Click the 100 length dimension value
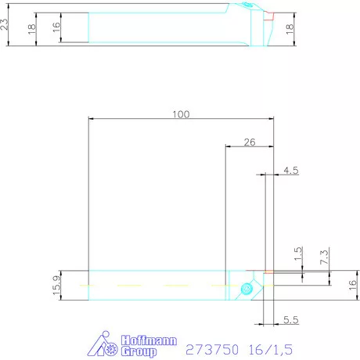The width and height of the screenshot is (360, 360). click(181, 114)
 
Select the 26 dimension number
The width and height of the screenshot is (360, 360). click(250, 142)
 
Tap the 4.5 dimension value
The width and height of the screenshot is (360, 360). click(291, 170)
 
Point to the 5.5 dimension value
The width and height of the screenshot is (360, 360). click(291, 321)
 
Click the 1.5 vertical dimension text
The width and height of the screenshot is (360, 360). click(297, 254)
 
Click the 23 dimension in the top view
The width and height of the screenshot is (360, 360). click(7, 24)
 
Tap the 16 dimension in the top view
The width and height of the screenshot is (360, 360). click(56, 27)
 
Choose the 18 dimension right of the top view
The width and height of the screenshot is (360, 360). click(289, 29)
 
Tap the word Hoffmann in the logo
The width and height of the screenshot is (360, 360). click(149, 341)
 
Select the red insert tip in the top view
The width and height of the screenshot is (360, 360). click(268, 15)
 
